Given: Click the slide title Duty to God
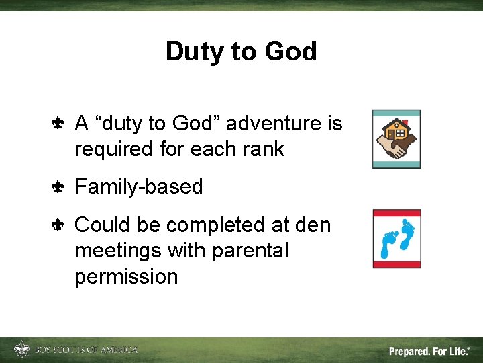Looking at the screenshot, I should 241,52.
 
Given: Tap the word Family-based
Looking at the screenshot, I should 138,186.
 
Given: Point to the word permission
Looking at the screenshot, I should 126,276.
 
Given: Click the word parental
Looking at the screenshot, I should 250,251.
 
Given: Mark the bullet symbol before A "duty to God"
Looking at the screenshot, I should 57,124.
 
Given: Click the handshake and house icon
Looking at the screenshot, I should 396,138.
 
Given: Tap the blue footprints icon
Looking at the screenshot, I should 396,239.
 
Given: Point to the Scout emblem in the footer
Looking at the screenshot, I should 22,350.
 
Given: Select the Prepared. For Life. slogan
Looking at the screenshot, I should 429,351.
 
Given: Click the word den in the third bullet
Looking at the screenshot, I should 315,225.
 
